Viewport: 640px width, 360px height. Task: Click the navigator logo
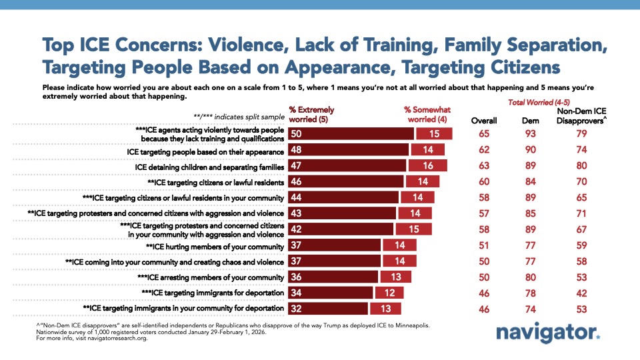point(549,334)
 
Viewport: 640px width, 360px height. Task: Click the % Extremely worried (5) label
point(311,114)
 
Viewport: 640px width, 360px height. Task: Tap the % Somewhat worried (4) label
point(427,114)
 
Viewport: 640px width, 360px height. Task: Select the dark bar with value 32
point(327,308)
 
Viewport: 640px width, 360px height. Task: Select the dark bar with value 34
point(329,292)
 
